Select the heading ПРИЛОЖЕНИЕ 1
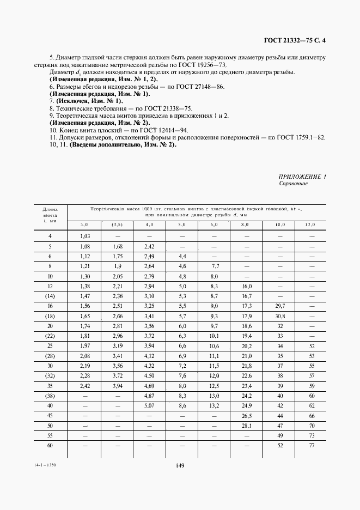click(302, 177)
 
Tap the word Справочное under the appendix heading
click(293, 184)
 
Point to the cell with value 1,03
click(84, 236)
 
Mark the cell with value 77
click(312, 446)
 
